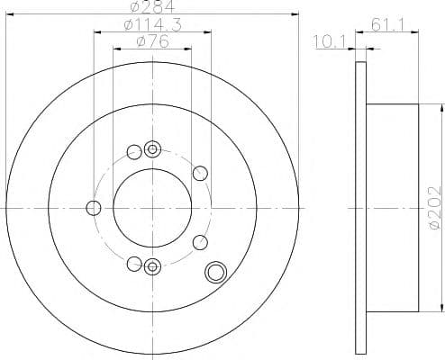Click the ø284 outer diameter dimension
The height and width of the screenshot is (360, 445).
click(x=151, y=9)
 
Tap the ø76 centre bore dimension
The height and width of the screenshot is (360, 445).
click(x=151, y=41)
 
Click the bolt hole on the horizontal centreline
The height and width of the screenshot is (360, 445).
click(x=93, y=208)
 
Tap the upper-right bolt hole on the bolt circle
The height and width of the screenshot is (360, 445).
click(x=200, y=173)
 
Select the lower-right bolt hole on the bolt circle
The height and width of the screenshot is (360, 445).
click(x=200, y=241)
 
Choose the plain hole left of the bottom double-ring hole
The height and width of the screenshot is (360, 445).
click(x=134, y=264)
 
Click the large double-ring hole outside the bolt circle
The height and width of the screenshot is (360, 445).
click(x=215, y=272)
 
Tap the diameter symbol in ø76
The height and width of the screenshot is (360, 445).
click(x=140, y=41)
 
